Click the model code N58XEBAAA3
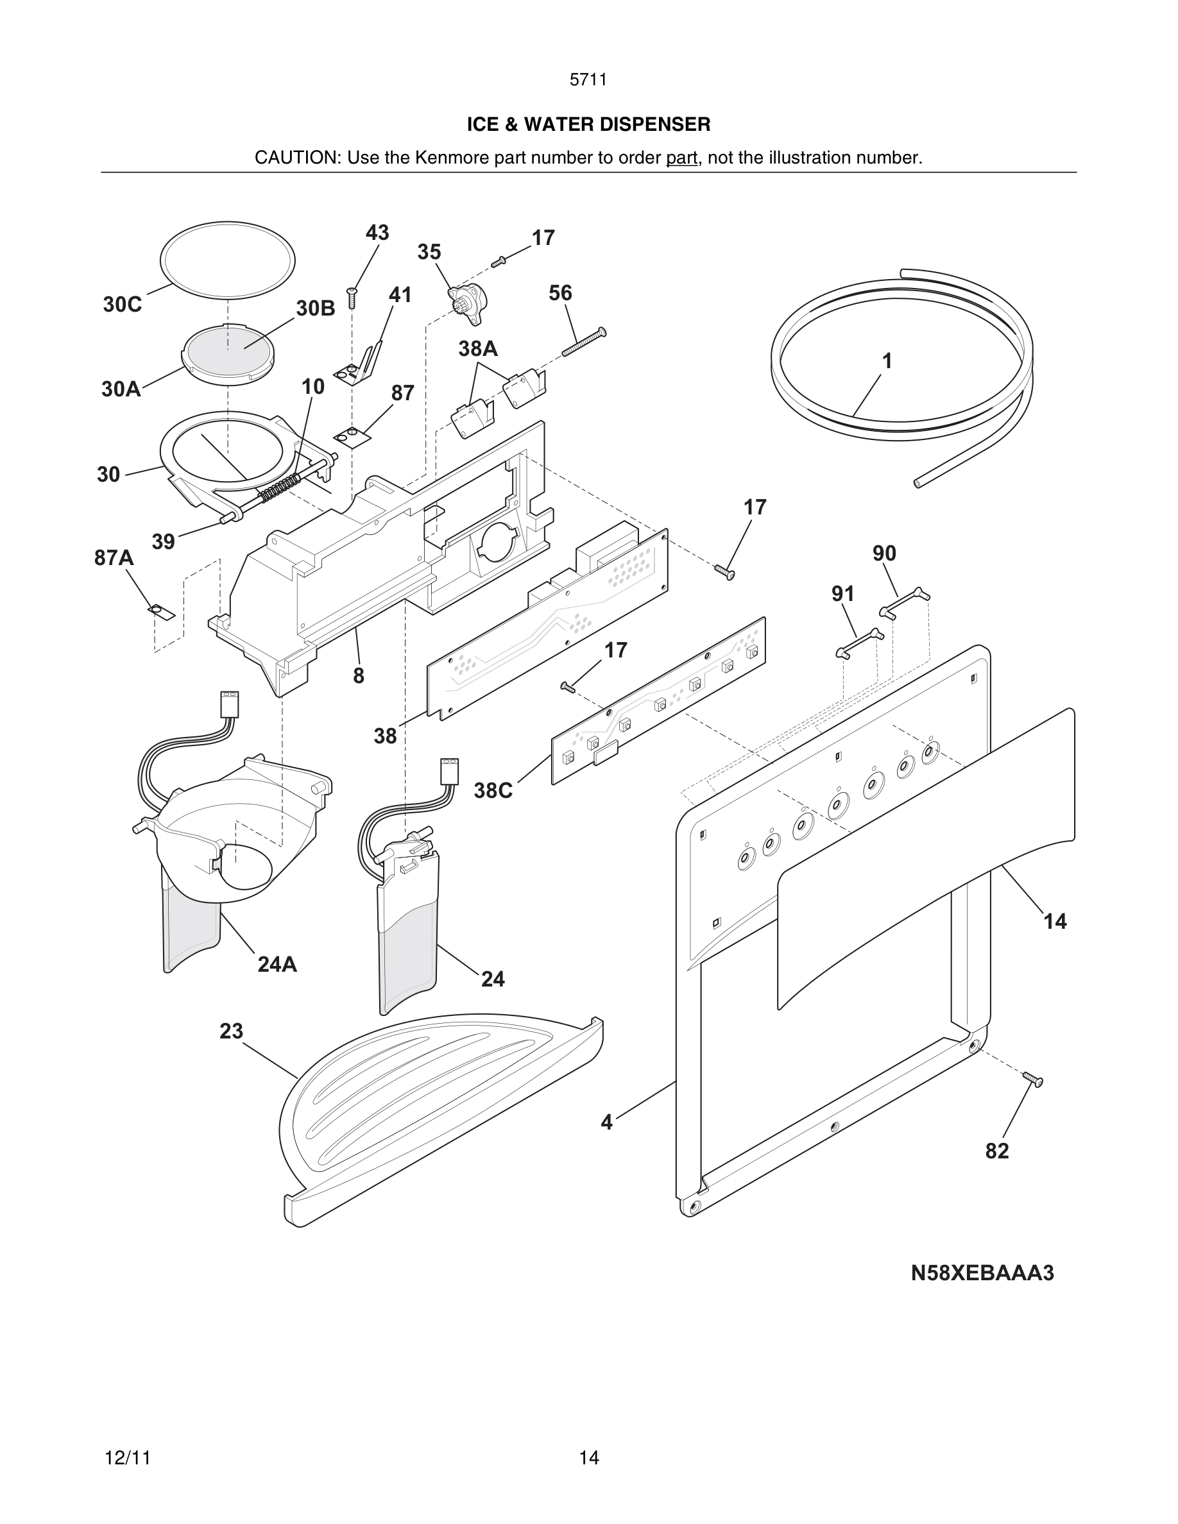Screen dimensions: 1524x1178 [x=982, y=1273]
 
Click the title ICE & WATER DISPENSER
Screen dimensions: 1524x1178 [x=588, y=124]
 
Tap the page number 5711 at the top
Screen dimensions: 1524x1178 [x=588, y=80]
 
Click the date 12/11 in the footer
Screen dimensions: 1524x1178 [x=128, y=1458]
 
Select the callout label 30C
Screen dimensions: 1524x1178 [x=122, y=305]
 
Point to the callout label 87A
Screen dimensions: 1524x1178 [x=114, y=557]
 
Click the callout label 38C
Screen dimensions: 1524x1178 [x=493, y=791]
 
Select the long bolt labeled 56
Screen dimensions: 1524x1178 [x=583, y=342]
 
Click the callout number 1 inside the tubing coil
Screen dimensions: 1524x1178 [x=887, y=362]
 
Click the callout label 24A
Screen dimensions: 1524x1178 [x=277, y=964]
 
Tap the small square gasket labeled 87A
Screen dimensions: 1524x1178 [x=162, y=613]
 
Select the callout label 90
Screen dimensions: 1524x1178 [x=884, y=554]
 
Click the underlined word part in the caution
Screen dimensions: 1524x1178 [x=681, y=158]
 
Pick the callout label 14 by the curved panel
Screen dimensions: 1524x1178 [x=1054, y=922]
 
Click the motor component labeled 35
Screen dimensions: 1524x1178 [x=468, y=303]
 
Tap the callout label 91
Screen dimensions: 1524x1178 [x=843, y=594]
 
